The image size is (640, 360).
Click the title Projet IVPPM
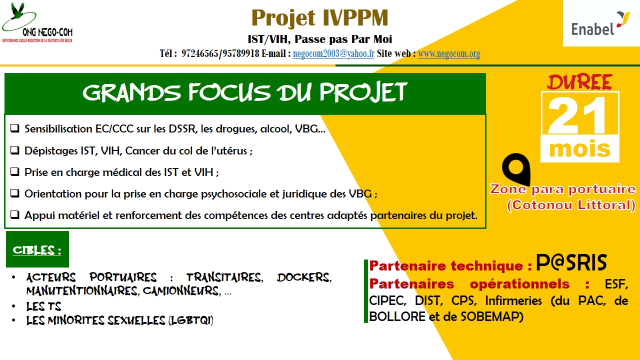pos(319,17)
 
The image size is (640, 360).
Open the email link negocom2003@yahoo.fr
pos(333,53)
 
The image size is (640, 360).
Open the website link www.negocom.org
pos(449,53)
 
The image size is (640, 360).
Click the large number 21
pos(576,115)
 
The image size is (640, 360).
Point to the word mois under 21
pos(579,149)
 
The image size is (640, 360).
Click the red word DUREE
pos(579,82)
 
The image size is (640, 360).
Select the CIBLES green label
pos(37,249)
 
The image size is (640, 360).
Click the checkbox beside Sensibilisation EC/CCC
pos(15,128)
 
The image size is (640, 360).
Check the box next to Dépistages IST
pos(15,150)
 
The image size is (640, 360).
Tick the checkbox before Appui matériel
pos(15,214)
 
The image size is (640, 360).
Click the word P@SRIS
pos(571,262)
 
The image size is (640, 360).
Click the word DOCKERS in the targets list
pos(304,277)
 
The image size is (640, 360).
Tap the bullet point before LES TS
pos(13,306)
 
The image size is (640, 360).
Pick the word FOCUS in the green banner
pos(229,92)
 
